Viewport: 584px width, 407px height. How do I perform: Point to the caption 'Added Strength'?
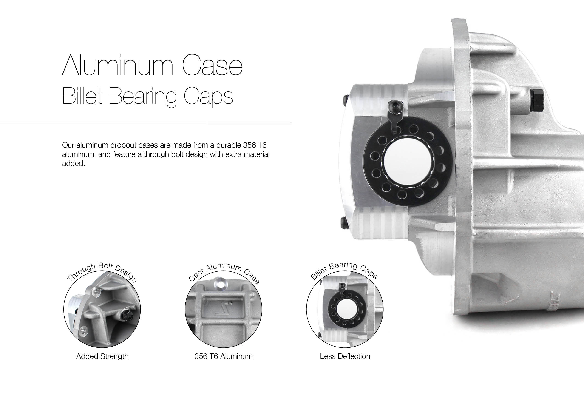coord(102,356)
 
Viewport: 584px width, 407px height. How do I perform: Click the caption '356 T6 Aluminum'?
coord(224,356)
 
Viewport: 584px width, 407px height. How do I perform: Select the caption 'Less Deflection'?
coord(345,356)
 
